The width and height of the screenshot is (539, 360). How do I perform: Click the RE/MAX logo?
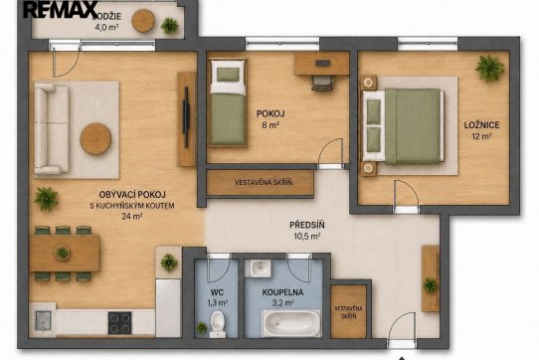pos(61,9)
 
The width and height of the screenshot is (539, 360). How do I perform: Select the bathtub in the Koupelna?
pos(291,323)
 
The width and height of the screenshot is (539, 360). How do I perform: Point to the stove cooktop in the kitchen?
pos(120,323)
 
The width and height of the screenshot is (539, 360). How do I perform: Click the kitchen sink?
pos(43,320)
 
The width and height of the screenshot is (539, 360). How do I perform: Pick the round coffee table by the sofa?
pos(95,138)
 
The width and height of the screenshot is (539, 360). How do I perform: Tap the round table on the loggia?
pos(143,21)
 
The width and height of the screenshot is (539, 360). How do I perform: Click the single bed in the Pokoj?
pos(229,102)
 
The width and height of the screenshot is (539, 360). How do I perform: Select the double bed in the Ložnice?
pos(403,126)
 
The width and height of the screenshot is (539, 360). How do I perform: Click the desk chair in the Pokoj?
pos(323,83)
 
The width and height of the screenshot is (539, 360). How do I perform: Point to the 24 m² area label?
pos(132,216)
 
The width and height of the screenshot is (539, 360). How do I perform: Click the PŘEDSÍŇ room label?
pos(307,225)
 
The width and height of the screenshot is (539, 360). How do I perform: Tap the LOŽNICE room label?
pos(481,125)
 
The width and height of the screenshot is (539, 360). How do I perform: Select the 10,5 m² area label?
pos(307,237)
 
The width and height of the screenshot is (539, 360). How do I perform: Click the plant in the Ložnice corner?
pos(489,68)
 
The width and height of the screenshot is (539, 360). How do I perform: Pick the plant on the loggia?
pos(169,26)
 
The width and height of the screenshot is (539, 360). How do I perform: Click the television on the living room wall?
pos(186,117)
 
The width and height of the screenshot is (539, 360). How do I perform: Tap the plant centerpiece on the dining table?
pos(63,253)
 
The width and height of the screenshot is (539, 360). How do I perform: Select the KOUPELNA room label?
pos(282,292)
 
